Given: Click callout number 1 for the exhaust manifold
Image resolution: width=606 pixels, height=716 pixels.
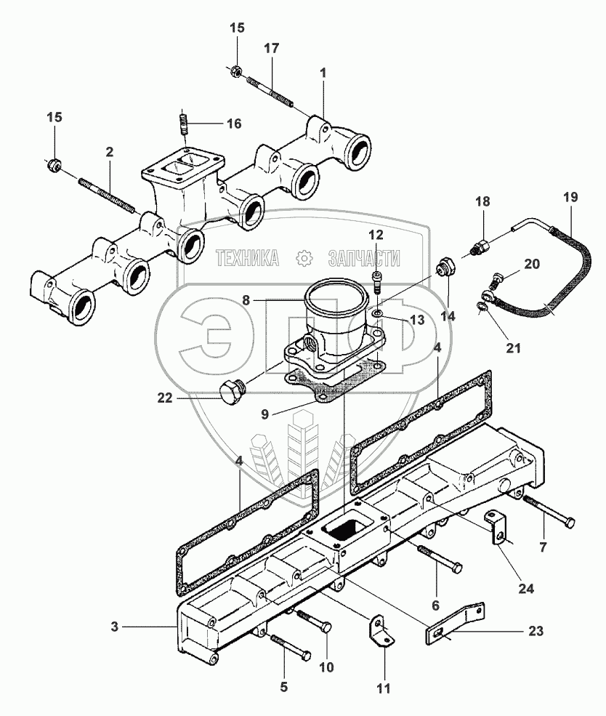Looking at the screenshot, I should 323,73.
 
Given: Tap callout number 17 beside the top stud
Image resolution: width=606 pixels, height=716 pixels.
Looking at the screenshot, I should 271,49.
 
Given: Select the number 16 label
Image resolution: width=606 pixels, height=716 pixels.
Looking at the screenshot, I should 233,123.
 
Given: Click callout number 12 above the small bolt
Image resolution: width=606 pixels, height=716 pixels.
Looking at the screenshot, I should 375,234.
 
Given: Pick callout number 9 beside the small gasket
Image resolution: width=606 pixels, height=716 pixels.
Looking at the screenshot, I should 266,414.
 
